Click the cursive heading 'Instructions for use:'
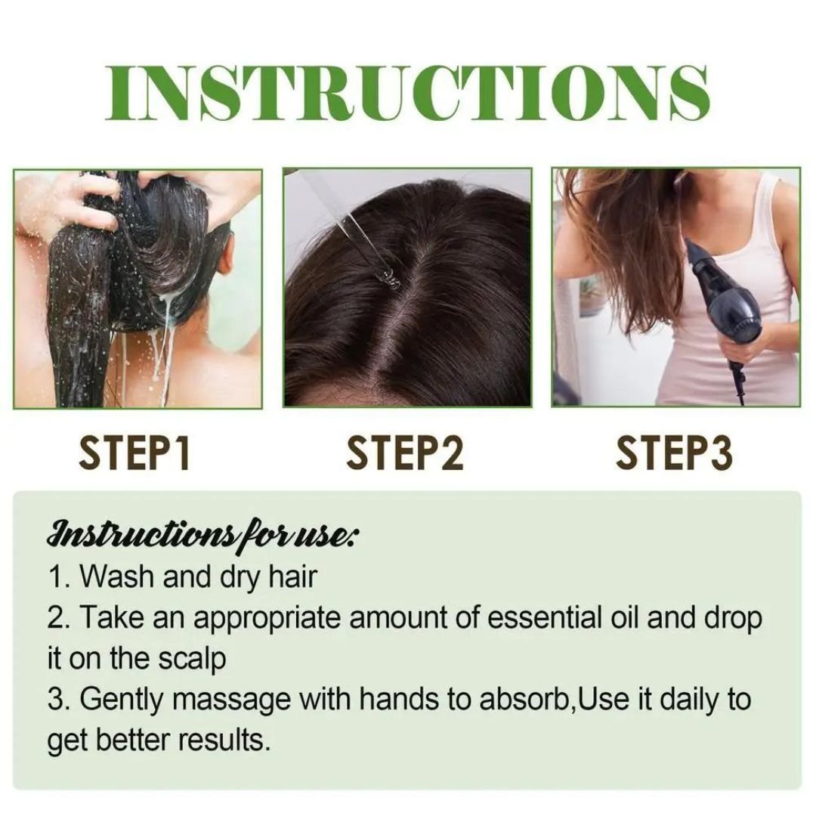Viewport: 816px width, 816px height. point(202,534)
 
